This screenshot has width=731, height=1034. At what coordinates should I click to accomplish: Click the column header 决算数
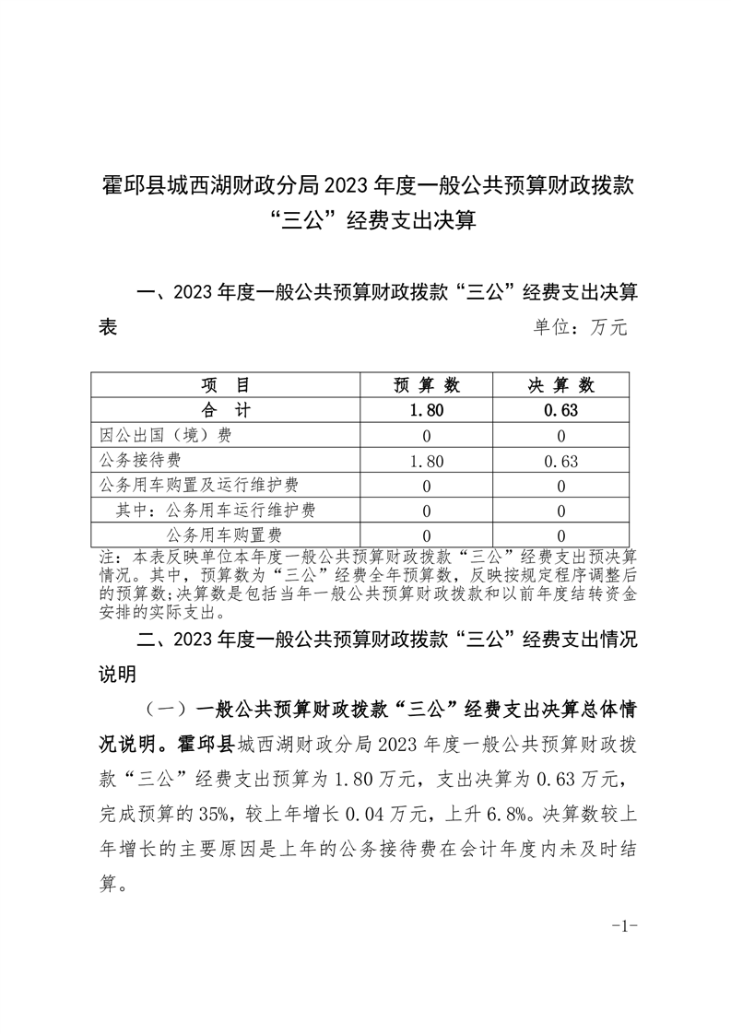click(x=561, y=385)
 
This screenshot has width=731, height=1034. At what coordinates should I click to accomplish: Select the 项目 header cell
click(x=225, y=385)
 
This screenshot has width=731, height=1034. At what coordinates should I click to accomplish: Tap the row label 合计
click(x=225, y=410)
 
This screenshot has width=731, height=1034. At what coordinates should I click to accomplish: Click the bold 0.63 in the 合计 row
click(x=561, y=411)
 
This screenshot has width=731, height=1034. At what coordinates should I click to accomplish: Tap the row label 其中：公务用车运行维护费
click(x=221, y=510)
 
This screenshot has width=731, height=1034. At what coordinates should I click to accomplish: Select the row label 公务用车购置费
click(x=224, y=535)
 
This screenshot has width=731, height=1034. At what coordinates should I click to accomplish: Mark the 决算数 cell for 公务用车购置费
click(x=561, y=535)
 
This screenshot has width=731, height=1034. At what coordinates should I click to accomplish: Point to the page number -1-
click(x=625, y=925)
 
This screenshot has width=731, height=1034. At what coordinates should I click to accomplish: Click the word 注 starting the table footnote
click(x=104, y=558)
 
